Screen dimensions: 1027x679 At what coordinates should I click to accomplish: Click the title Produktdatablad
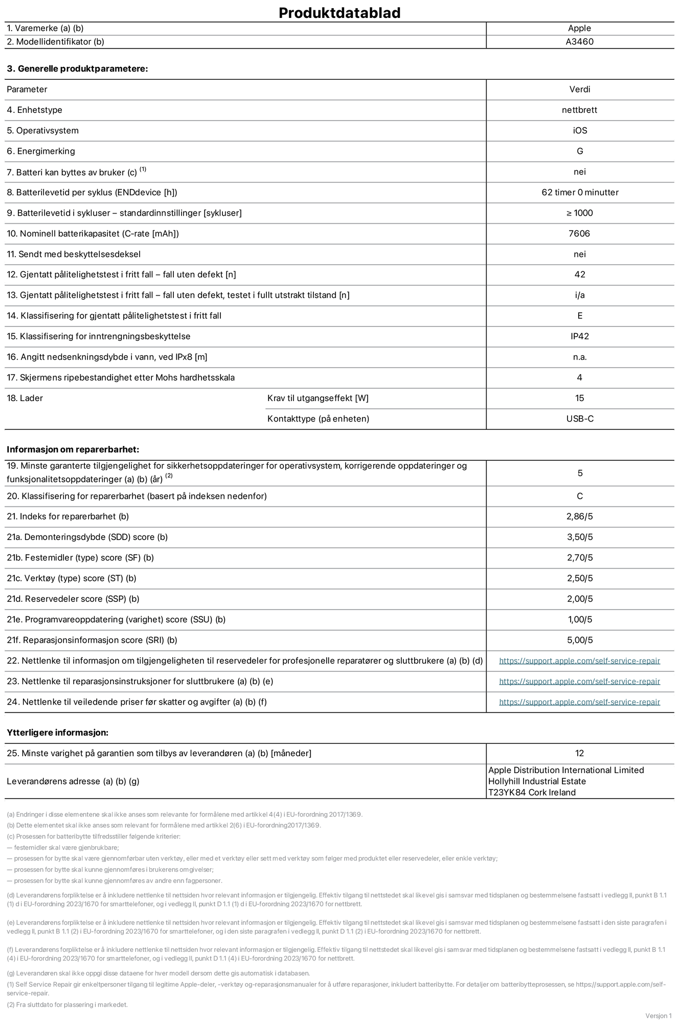pyautogui.click(x=339, y=13)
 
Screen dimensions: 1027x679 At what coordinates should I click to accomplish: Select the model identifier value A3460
pyautogui.click(x=579, y=42)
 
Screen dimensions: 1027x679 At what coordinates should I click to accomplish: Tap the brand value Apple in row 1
pyautogui.click(x=579, y=29)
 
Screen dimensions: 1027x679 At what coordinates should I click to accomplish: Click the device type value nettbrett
pyautogui.click(x=579, y=110)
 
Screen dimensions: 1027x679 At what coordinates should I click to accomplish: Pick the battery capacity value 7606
pyautogui.click(x=579, y=234)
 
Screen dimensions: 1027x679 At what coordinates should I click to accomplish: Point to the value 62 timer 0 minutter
pyautogui.click(x=579, y=193)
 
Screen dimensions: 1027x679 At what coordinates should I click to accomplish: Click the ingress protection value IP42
pyautogui.click(x=579, y=336)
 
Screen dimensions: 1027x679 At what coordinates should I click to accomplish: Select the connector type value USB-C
pyautogui.click(x=579, y=419)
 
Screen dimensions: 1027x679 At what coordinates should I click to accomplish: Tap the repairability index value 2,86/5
pyautogui.click(x=579, y=517)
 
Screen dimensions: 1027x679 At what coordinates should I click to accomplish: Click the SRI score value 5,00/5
pyautogui.click(x=579, y=640)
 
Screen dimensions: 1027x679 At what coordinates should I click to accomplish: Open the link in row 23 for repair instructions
pyautogui.click(x=579, y=682)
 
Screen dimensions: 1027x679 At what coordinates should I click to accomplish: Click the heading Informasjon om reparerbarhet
pyautogui.click(x=73, y=450)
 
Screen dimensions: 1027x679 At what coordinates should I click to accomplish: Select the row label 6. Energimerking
pyautogui.click(x=41, y=151)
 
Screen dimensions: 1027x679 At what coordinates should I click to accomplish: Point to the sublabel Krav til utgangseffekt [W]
pyautogui.click(x=318, y=398)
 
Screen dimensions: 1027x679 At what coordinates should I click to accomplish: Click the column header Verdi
pyautogui.click(x=579, y=89)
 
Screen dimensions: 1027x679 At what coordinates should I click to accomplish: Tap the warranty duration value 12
pyautogui.click(x=579, y=753)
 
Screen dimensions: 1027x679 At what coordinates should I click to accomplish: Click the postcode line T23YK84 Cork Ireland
pyautogui.click(x=532, y=792)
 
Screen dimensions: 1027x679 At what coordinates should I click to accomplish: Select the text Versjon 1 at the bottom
pyautogui.click(x=659, y=1016)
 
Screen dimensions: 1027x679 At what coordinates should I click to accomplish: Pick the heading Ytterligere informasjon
pyautogui.click(x=57, y=733)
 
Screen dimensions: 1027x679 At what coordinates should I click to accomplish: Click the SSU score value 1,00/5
pyautogui.click(x=579, y=620)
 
